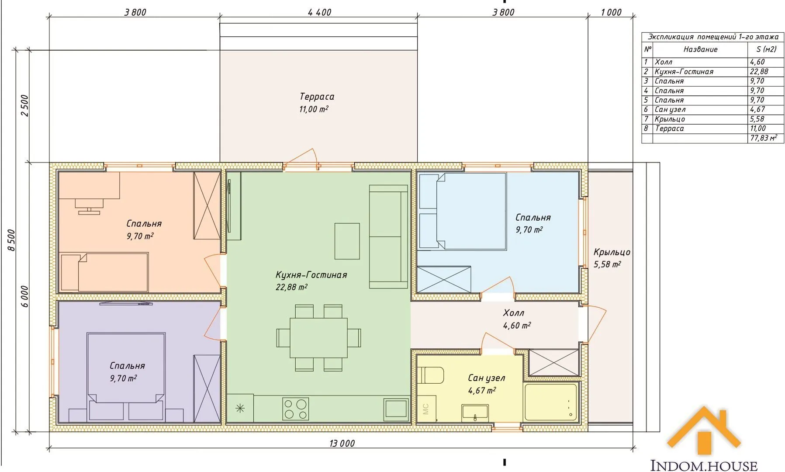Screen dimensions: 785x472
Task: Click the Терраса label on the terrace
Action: [317, 97]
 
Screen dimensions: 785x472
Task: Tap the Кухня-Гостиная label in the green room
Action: [311, 275]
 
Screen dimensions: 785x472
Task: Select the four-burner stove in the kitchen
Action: [296, 409]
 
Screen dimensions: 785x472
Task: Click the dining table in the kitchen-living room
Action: [318, 337]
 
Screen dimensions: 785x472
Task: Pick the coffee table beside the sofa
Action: [347, 241]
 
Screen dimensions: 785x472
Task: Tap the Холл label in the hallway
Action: [513, 313]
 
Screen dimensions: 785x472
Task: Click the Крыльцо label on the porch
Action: [612, 252]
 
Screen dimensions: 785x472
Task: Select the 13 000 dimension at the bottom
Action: [342, 444]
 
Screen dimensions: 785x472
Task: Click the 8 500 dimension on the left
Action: [12, 240]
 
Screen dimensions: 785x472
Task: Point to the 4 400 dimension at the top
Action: [319, 12]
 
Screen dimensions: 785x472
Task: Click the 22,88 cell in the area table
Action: [759, 71]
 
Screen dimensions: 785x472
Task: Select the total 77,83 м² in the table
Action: [763, 138]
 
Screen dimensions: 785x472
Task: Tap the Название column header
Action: [700, 49]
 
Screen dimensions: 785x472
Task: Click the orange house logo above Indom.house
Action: [704, 431]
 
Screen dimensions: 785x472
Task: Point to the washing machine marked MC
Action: [426, 409]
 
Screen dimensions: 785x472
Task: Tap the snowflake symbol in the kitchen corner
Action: [240, 409]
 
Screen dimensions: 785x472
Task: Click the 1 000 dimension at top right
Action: [611, 12]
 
